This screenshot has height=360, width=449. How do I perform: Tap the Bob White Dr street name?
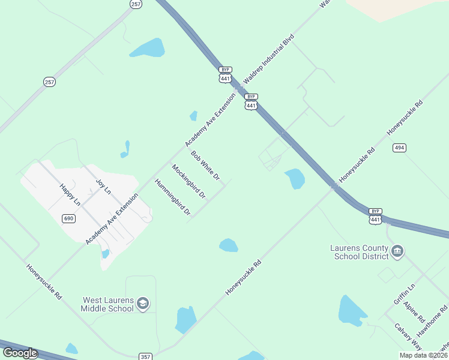pos(205,166)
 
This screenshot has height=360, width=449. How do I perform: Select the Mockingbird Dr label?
pos(188,182)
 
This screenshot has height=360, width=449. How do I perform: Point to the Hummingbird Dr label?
pos(172,197)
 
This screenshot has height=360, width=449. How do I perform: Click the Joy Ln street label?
pos(104,186)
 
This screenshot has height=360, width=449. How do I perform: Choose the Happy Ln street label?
pos(70,195)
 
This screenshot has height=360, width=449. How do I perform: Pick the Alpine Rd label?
pos(414,312)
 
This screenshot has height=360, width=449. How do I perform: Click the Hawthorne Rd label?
pos(432,320)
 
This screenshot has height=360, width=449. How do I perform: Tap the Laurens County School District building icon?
pos(397,251)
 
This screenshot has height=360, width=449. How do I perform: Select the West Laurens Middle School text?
pos(107,304)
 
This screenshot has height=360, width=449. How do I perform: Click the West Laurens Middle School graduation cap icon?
pos(142,304)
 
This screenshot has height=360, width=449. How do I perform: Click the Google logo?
pos(20,353)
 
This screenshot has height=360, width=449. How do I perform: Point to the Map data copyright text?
pos(423,355)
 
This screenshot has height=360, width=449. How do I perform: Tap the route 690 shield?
pos(68,218)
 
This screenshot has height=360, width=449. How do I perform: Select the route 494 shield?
pos(400,148)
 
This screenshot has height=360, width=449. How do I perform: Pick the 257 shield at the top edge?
pos(136,4)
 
